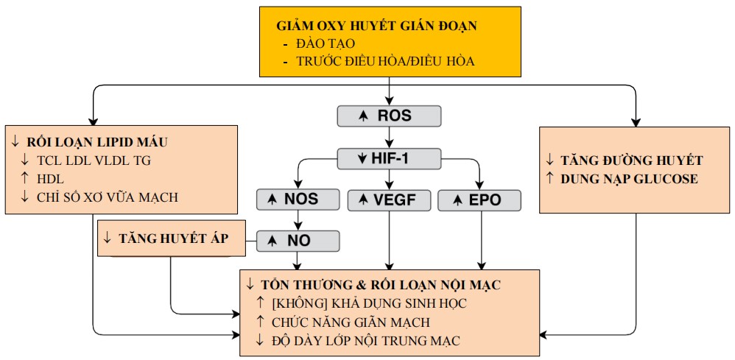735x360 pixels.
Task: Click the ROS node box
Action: [389, 116]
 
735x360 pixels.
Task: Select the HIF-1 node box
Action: [389, 158]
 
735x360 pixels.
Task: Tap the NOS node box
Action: [298, 200]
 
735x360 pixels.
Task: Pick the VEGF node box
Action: [389, 200]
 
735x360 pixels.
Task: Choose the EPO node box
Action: [479, 200]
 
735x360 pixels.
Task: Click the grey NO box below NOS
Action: [298, 240]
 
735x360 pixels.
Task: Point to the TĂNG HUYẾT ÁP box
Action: [172, 237]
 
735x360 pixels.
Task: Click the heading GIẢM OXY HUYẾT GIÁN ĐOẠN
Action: [376, 26]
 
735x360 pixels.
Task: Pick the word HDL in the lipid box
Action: [51, 178]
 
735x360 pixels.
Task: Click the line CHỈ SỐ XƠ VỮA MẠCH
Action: [107, 197]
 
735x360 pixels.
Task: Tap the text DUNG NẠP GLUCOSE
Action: [629, 179]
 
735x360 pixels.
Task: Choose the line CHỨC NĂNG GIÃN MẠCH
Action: [351, 321]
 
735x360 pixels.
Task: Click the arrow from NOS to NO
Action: [298, 220]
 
